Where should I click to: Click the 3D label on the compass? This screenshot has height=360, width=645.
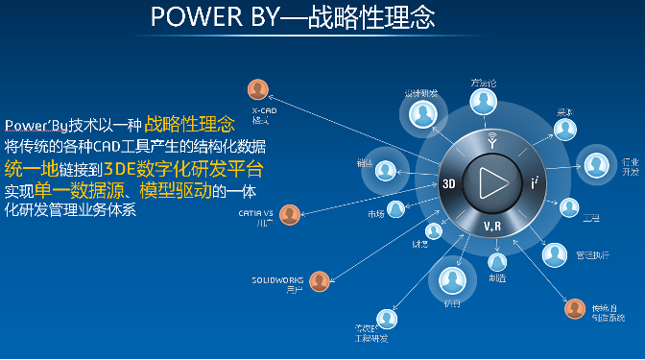click(447, 182)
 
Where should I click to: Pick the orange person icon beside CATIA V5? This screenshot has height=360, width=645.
click(290, 214)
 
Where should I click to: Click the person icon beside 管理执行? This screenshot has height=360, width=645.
click(555, 254)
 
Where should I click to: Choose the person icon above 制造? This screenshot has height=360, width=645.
click(496, 260)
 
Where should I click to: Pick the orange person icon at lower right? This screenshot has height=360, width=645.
click(574, 308)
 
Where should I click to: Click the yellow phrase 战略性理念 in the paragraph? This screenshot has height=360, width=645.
click(188, 125)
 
